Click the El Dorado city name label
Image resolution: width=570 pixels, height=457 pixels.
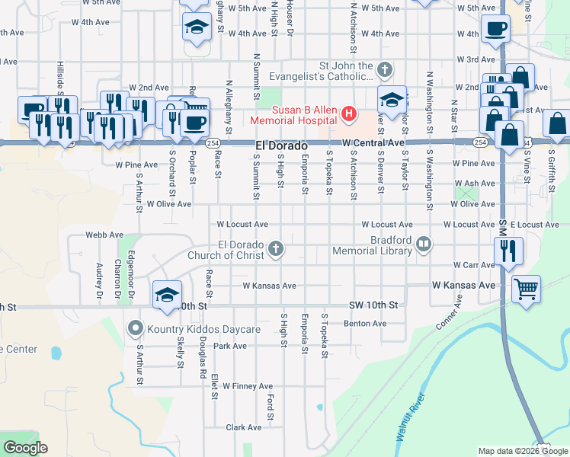pyautogui.click(x=281, y=145)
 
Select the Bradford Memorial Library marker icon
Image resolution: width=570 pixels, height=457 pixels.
pyautogui.click(x=424, y=244)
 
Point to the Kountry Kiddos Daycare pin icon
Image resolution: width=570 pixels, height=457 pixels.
pyautogui.click(x=136, y=329)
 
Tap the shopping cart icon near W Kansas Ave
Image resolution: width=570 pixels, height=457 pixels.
pyautogui.click(x=526, y=289)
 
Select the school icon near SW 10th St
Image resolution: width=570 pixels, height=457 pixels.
pyautogui.click(x=168, y=295)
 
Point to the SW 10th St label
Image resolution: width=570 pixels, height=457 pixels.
pyautogui.click(x=373, y=305)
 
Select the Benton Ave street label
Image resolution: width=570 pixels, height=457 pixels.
pyautogui.click(x=365, y=324)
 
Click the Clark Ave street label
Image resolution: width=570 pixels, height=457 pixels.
pyautogui.click(x=244, y=428)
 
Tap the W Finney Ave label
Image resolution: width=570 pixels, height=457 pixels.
pyautogui.click(x=247, y=386)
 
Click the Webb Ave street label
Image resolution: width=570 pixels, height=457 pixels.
pyautogui.click(x=104, y=235)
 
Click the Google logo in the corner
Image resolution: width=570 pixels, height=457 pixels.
pyautogui.click(x=26, y=448)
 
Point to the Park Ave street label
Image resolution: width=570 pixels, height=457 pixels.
pyautogui.click(x=230, y=346)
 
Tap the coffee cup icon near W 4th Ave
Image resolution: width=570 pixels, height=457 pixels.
pyautogui.click(x=495, y=29)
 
